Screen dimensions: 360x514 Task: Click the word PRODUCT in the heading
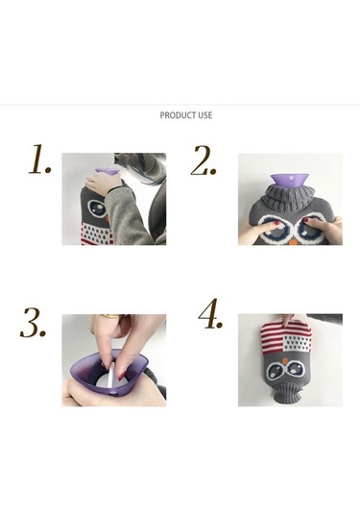(174, 115)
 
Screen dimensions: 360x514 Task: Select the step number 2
(204, 159)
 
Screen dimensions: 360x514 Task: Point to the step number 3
(33, 323)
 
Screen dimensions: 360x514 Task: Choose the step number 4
(210, 313)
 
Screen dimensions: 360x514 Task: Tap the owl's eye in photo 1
(97, 208)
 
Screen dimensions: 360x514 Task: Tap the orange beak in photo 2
(294, 242)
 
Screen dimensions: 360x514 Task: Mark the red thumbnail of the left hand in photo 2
(277, 223)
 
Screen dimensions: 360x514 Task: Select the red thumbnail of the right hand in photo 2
(307, 223)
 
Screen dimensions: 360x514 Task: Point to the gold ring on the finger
(109, 316)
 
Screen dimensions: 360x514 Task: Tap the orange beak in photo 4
(286, 360)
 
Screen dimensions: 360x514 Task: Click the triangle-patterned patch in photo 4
(297, 343)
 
